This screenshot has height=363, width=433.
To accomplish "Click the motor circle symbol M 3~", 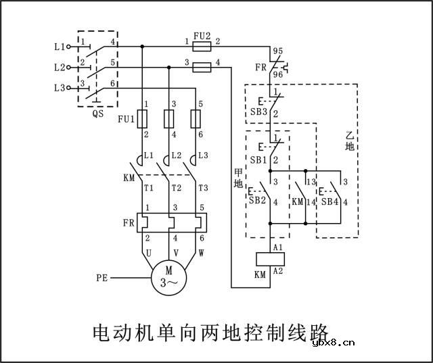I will (166, 277).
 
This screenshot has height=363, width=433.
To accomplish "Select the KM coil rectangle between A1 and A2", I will (270, 258).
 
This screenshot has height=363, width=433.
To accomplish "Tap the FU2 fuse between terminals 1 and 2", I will (200, 47).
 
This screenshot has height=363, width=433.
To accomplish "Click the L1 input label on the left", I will (59, 47).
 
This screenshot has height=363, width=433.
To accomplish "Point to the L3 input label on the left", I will (59, 88).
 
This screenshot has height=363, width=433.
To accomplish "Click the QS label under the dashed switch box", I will (97, 114).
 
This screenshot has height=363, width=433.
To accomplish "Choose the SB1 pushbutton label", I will (258, 160).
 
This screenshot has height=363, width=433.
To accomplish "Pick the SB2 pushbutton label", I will (256, 201).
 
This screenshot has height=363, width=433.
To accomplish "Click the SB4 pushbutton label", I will (330, 201).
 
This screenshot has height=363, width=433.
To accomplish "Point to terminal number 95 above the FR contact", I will (277, 51).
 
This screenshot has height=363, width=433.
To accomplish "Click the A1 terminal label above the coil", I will (277, 247).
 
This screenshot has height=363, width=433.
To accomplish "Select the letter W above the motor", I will (201, 252).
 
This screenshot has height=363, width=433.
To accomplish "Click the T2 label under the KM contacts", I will (177, 187).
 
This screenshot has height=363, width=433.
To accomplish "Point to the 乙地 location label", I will (349, 140).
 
